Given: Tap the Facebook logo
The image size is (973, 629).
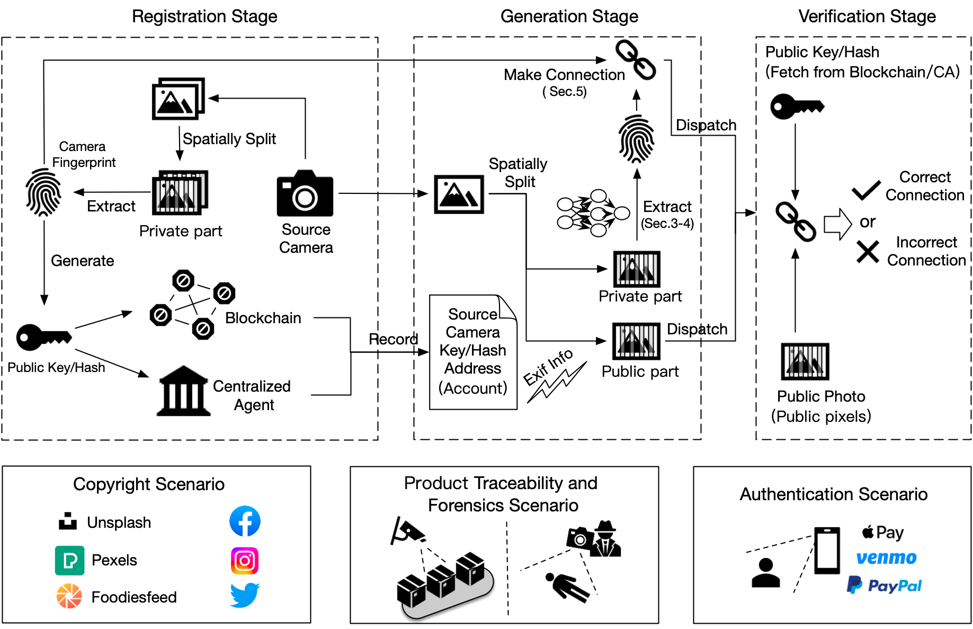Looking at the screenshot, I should click(245, 521).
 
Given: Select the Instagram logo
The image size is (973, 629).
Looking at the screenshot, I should click(245, 561).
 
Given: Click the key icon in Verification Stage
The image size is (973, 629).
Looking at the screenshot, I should click(797, 107).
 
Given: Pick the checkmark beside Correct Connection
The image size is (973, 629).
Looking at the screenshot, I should click(866, 190).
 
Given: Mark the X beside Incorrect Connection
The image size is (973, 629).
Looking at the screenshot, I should click(868, 252).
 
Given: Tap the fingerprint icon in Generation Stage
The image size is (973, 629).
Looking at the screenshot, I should click(637, 139).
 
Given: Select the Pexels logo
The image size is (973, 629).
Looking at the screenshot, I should click(69, 560).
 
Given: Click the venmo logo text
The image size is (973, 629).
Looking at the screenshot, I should click(886, 557).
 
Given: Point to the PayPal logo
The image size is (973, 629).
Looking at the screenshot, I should click(884, 585).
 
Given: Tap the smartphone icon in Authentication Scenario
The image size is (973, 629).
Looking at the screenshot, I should click(827, 551).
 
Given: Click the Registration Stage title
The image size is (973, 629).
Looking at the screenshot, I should click(204, 16).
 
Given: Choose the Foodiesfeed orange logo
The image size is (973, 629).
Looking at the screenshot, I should click(69, 596).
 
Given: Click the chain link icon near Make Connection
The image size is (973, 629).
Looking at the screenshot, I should click(636, 60).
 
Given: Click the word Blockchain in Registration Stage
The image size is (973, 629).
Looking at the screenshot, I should click(263, 318).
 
